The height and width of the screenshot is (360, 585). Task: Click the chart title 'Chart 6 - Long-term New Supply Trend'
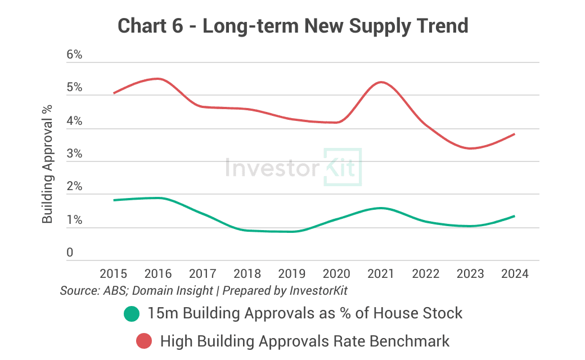coord(292,26)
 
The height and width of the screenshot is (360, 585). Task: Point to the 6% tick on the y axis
coord(74,55)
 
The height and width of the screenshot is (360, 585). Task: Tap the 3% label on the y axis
coord(74,154)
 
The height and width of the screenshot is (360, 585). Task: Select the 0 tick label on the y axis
coord(70,253)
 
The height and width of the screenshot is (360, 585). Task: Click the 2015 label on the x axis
coord(113,274)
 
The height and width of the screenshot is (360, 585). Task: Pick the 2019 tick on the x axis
coord(291,274)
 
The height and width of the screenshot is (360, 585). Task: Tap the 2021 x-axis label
coord(381,274)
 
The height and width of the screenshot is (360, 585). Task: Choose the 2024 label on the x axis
coord(515,274)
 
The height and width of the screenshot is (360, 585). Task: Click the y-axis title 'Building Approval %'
coord(48,163)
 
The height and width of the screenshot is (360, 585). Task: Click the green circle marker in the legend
coord(132,314)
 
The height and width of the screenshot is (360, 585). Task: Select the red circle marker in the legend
coord(144,341)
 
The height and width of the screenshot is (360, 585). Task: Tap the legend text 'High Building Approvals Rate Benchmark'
coord(305,341)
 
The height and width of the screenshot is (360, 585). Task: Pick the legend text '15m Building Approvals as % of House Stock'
coord(305,313)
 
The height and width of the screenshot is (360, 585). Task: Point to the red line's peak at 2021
coord(381,82)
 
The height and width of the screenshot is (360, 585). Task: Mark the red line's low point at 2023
coord(470,148)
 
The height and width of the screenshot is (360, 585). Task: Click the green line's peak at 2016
coord(158,198)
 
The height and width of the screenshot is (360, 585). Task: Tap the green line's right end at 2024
coord(515,216)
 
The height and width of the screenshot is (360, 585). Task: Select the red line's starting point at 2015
coord(114,93)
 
